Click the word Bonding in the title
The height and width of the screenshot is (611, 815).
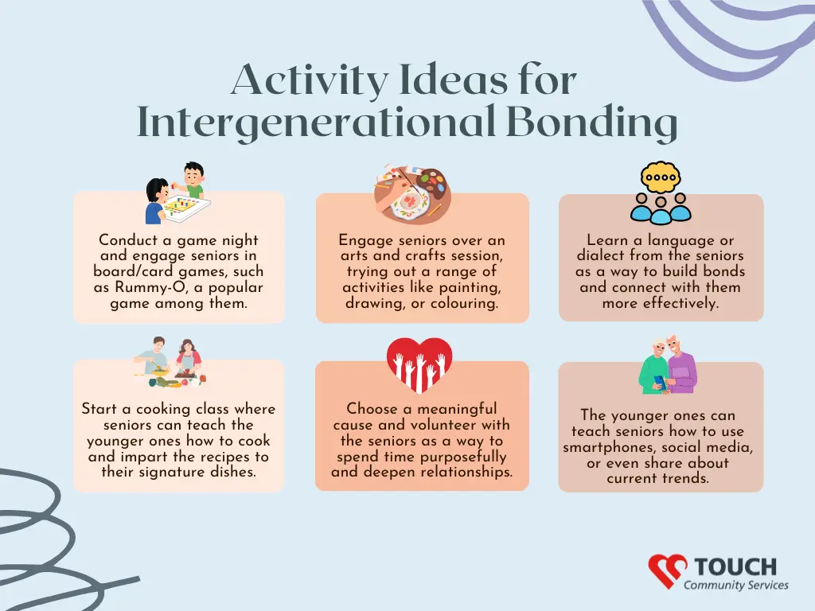(x=591, y=123)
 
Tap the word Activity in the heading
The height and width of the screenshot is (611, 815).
(x=310, y=80)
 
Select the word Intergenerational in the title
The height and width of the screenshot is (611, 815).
(x=315, y=123)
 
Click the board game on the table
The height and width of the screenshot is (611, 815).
(x=185, y=207)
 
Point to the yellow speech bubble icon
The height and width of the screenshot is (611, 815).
(x=661, y=177)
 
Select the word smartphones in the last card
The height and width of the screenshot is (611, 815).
(x=606, y=447)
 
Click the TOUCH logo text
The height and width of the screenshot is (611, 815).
(x=735, y=566)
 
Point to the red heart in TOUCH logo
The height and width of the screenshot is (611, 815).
(x=668, y=570)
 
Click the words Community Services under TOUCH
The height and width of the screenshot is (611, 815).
(x=736, y=585)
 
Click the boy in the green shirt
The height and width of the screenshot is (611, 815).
(x=193, y=180)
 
